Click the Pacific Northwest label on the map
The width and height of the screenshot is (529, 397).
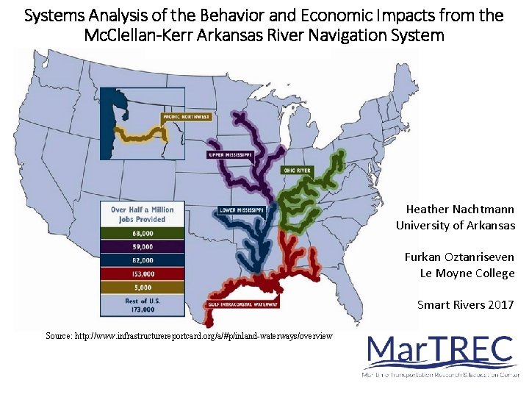coord(187,117)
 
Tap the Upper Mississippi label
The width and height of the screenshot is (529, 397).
coord(230,155)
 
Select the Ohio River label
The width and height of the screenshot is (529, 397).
coord(298,171)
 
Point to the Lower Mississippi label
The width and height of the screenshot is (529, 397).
coord(242,208)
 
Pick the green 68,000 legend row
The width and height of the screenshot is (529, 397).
coord(142,234)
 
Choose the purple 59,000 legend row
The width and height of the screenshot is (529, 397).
coord(142,247)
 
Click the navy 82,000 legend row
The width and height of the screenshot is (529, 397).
coord(142,260)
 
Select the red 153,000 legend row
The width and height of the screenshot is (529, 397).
coord(142,273)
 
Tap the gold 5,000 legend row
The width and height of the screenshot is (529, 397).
coord(142,287)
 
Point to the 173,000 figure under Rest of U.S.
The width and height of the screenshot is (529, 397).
coord(142,310)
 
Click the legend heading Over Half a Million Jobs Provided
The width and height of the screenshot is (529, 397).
coord(142,214)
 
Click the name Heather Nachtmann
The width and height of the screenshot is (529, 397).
coord(460,210)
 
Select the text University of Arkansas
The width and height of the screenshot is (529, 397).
coord(456,226)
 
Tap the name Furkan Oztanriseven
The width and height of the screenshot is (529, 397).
coord(459,257)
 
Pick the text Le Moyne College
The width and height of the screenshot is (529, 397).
coord(467,273)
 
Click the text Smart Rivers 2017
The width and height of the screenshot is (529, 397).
coord(466,304)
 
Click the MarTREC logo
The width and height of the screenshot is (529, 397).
coord(441,357)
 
